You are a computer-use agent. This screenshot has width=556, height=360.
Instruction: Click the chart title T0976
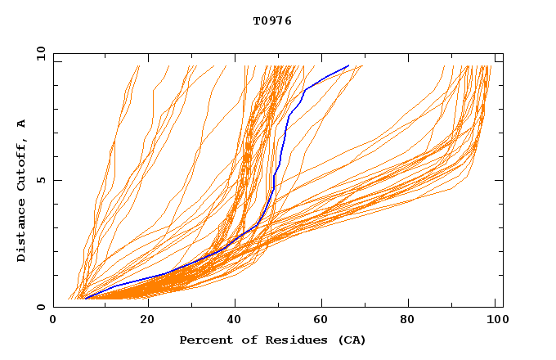click(272, 21)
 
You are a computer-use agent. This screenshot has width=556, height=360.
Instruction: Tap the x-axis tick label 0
click(53, 322)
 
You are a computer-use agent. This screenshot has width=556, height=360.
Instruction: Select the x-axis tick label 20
click(147, 322)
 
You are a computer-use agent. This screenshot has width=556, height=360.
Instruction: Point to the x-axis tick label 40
click(236, 322)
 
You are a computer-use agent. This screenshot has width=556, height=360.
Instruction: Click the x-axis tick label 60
click(325, 322)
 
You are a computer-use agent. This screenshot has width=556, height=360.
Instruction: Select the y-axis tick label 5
click(40, 180)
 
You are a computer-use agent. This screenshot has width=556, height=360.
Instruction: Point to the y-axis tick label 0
click(40, 307)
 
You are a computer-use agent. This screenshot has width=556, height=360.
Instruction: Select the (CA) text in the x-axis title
click(349, 340)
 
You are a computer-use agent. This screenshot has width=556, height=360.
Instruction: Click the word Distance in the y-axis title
click(22, 232)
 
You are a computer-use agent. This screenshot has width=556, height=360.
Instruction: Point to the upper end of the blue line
click(349, 65)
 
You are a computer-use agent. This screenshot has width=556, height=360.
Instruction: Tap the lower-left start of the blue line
click(85, 299)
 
